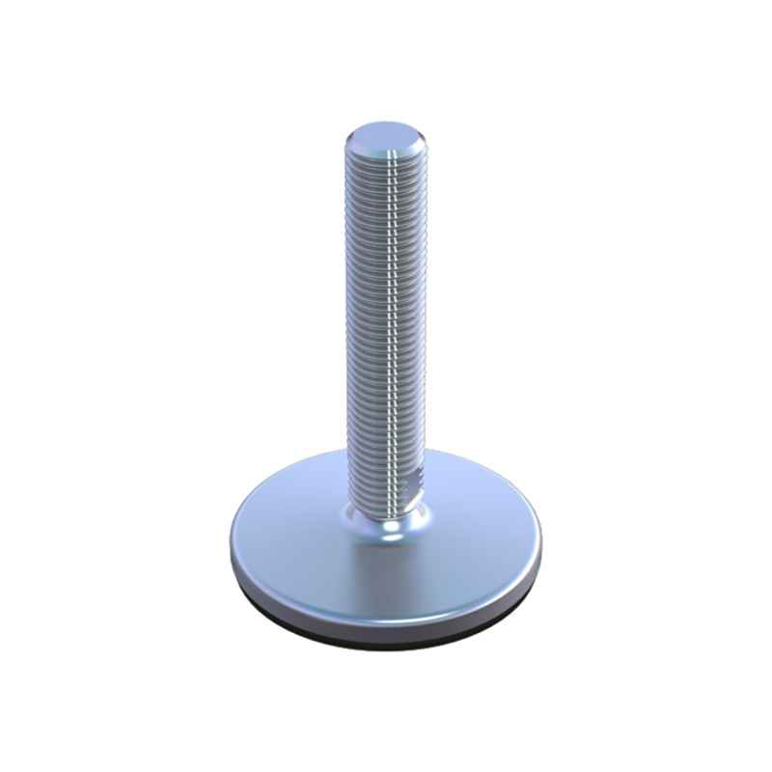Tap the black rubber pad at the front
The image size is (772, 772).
[x=386, y=644]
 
